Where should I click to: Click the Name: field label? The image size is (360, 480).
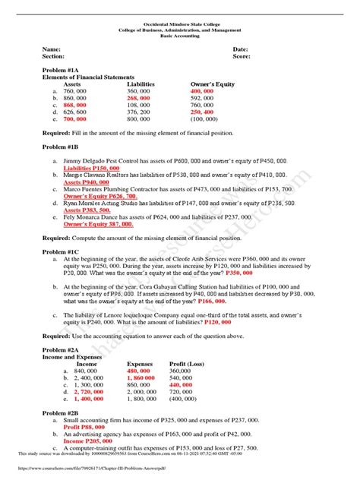tap(52, 49)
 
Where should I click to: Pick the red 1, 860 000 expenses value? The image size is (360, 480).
tap(146, 377)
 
